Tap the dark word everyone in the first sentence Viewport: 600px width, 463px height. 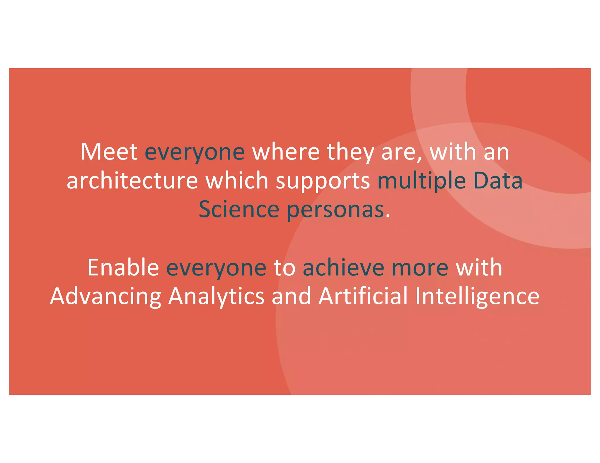click(195, 152)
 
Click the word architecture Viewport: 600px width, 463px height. click(132, 180)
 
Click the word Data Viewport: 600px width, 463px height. click(498, 180)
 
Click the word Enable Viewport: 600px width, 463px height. click(123, 267)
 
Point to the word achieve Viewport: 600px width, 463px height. click(343, 267)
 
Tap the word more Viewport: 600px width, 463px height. click(420, 268)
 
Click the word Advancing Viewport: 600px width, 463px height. click(105, 296)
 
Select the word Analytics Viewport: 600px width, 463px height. click(217, 296)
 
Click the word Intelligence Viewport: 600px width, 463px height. click(477, 296)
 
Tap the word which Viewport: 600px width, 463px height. click(237, 180)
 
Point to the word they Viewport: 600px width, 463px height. click(350, 152)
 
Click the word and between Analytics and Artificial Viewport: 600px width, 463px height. click(291, 296)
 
